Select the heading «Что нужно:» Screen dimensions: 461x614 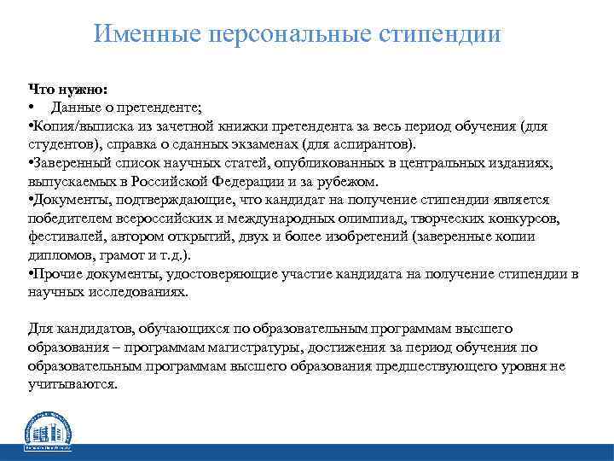[x=67, y=88]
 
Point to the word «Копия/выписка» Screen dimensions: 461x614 [x=77, y=125]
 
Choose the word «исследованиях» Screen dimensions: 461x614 [x=136, y=291]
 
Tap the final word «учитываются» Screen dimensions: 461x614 [x=71, y=384]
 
